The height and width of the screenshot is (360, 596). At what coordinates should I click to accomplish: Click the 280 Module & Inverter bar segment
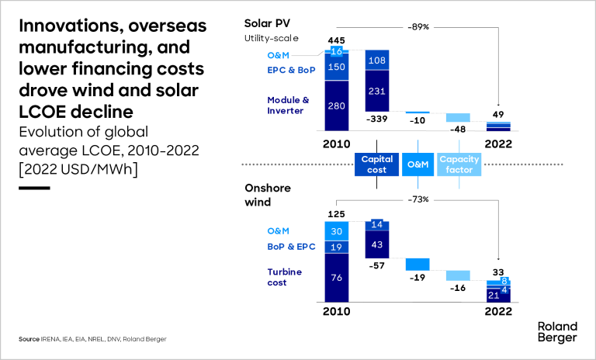click(336, 106)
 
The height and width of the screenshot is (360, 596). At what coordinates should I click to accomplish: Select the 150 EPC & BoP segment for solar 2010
click(336, 67)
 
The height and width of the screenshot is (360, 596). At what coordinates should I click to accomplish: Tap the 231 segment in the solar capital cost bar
click(377, 90)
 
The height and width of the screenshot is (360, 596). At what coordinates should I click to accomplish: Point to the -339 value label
click(377, 119)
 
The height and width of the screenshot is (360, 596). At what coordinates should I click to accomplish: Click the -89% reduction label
click(418, 26)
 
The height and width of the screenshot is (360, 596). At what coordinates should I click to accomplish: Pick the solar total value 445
click(336, 40)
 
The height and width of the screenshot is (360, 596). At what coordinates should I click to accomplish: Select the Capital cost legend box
click(377, 164)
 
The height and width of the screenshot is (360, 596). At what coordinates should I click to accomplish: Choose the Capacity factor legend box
click(459, 164)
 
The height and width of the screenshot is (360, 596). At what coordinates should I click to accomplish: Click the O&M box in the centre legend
click(418, 164)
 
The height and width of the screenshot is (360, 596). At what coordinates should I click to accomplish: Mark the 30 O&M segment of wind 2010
click(336, 230)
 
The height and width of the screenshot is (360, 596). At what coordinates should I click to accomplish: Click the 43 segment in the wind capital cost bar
click(377, 244)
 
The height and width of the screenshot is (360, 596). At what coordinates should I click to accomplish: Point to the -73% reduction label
click(418, 199)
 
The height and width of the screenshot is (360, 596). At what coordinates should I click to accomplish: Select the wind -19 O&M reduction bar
click(418, 264)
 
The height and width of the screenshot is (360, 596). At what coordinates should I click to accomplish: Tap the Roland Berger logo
click(556, 332)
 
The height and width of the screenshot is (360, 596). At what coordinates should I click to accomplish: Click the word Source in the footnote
click(29, 340)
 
